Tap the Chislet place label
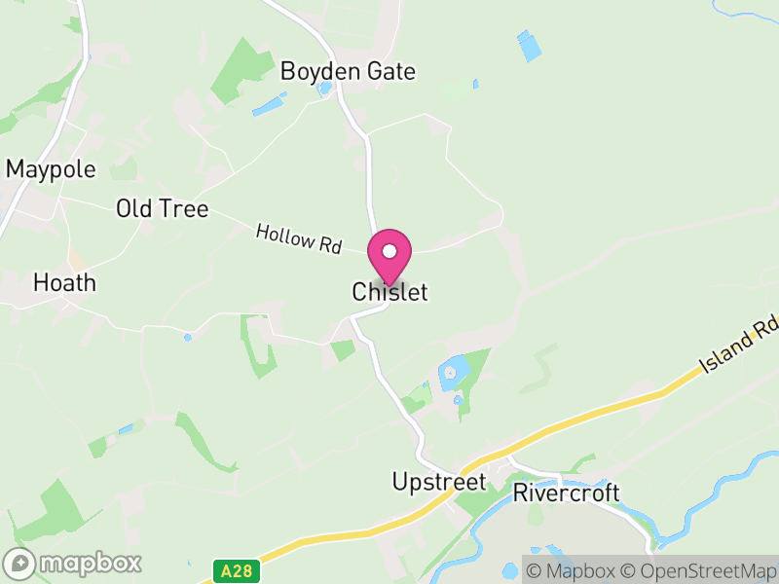point(389,292)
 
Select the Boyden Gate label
point(348,71)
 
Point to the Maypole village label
point(51,169)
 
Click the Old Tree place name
point(162,208)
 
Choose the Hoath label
point(64,283)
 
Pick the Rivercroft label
point(566,493)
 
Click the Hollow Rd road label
point(299,238)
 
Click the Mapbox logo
point(73,563)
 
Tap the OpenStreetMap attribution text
point(700,570)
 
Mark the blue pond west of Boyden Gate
point(270,104)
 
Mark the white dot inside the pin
point(389,251)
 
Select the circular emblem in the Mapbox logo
point(19,563)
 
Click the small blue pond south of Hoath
point(188,338)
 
